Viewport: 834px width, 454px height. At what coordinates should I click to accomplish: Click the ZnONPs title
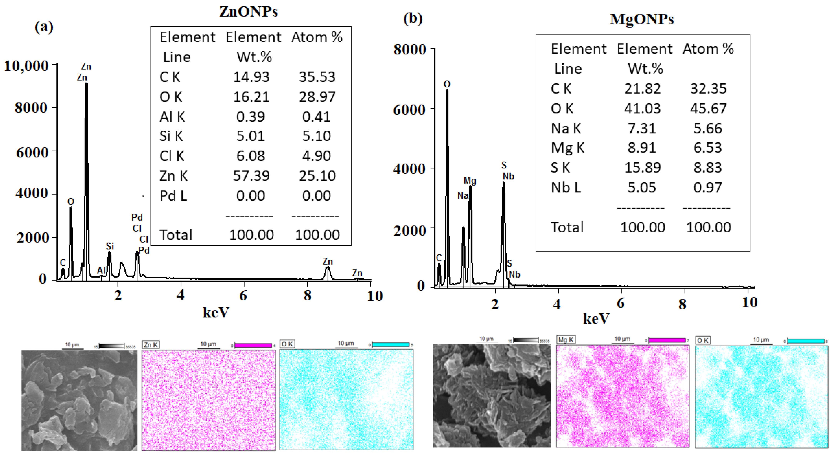click(248, 12)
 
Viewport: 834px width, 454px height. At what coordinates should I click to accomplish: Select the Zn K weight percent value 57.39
click(251, 176)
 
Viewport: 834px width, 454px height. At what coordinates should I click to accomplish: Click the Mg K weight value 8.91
click(642, 148)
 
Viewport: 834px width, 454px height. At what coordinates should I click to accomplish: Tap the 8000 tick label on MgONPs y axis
click(409, 50)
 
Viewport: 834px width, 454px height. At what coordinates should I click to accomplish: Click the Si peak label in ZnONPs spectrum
click(110, 246)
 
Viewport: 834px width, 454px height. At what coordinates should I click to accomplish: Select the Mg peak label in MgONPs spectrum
click(470, 180)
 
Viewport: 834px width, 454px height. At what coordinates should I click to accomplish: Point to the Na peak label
click(463, 196)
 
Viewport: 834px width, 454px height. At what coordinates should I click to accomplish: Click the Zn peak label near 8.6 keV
click(328, 261)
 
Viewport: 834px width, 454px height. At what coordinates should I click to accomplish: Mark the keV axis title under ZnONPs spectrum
click(216, 312)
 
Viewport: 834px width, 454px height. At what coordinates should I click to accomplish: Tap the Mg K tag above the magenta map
click(566, 340)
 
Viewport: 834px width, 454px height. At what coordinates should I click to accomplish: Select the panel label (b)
click(413, 18)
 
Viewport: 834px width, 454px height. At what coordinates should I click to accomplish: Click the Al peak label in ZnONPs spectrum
click(101, 270)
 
